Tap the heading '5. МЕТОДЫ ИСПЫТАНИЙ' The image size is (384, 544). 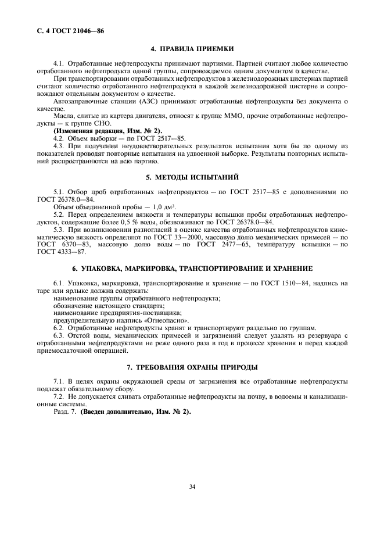192,176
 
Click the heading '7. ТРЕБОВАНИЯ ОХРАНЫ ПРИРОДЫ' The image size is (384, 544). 192,367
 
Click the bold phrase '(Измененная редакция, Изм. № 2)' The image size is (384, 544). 101,131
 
